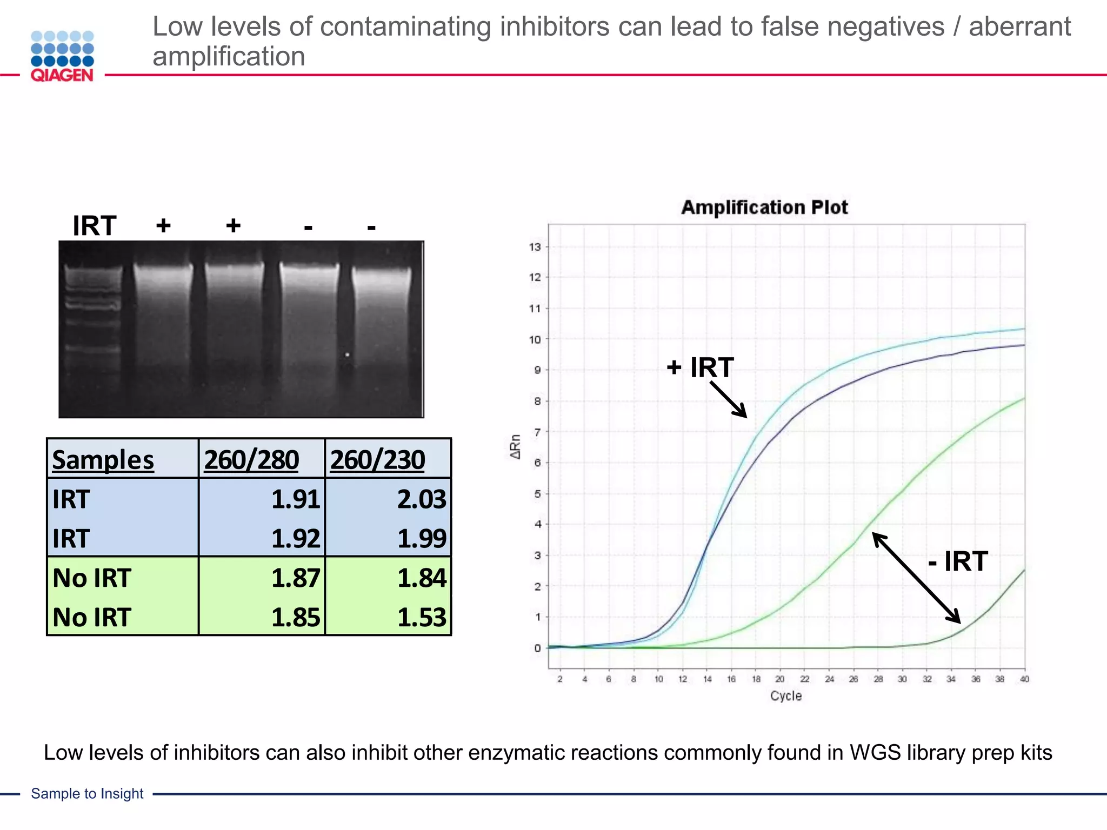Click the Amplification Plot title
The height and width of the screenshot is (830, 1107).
click(764, 207)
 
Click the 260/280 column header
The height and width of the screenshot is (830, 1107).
click(251, 460)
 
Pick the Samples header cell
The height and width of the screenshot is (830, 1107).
click(103, 460)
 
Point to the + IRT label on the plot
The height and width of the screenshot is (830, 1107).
click(700, 367)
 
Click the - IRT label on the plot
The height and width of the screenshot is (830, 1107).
click(958, 561)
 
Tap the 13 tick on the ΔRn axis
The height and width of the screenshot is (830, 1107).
click(535, 247)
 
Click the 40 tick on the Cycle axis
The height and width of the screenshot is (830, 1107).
click(1024, 679)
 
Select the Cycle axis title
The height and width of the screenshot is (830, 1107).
click(785, 696)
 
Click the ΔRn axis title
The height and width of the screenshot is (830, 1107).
click(516, 447)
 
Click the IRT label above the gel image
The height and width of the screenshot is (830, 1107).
click(94, 225)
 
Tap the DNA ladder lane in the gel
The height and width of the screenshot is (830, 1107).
click(92, 324)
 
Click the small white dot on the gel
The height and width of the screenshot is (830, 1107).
click(347, 355)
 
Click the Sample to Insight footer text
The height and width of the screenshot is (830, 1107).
click(87, 793)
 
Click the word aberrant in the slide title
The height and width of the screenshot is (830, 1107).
click(1019, 26)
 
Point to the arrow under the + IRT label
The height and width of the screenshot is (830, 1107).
click(729, 400)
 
